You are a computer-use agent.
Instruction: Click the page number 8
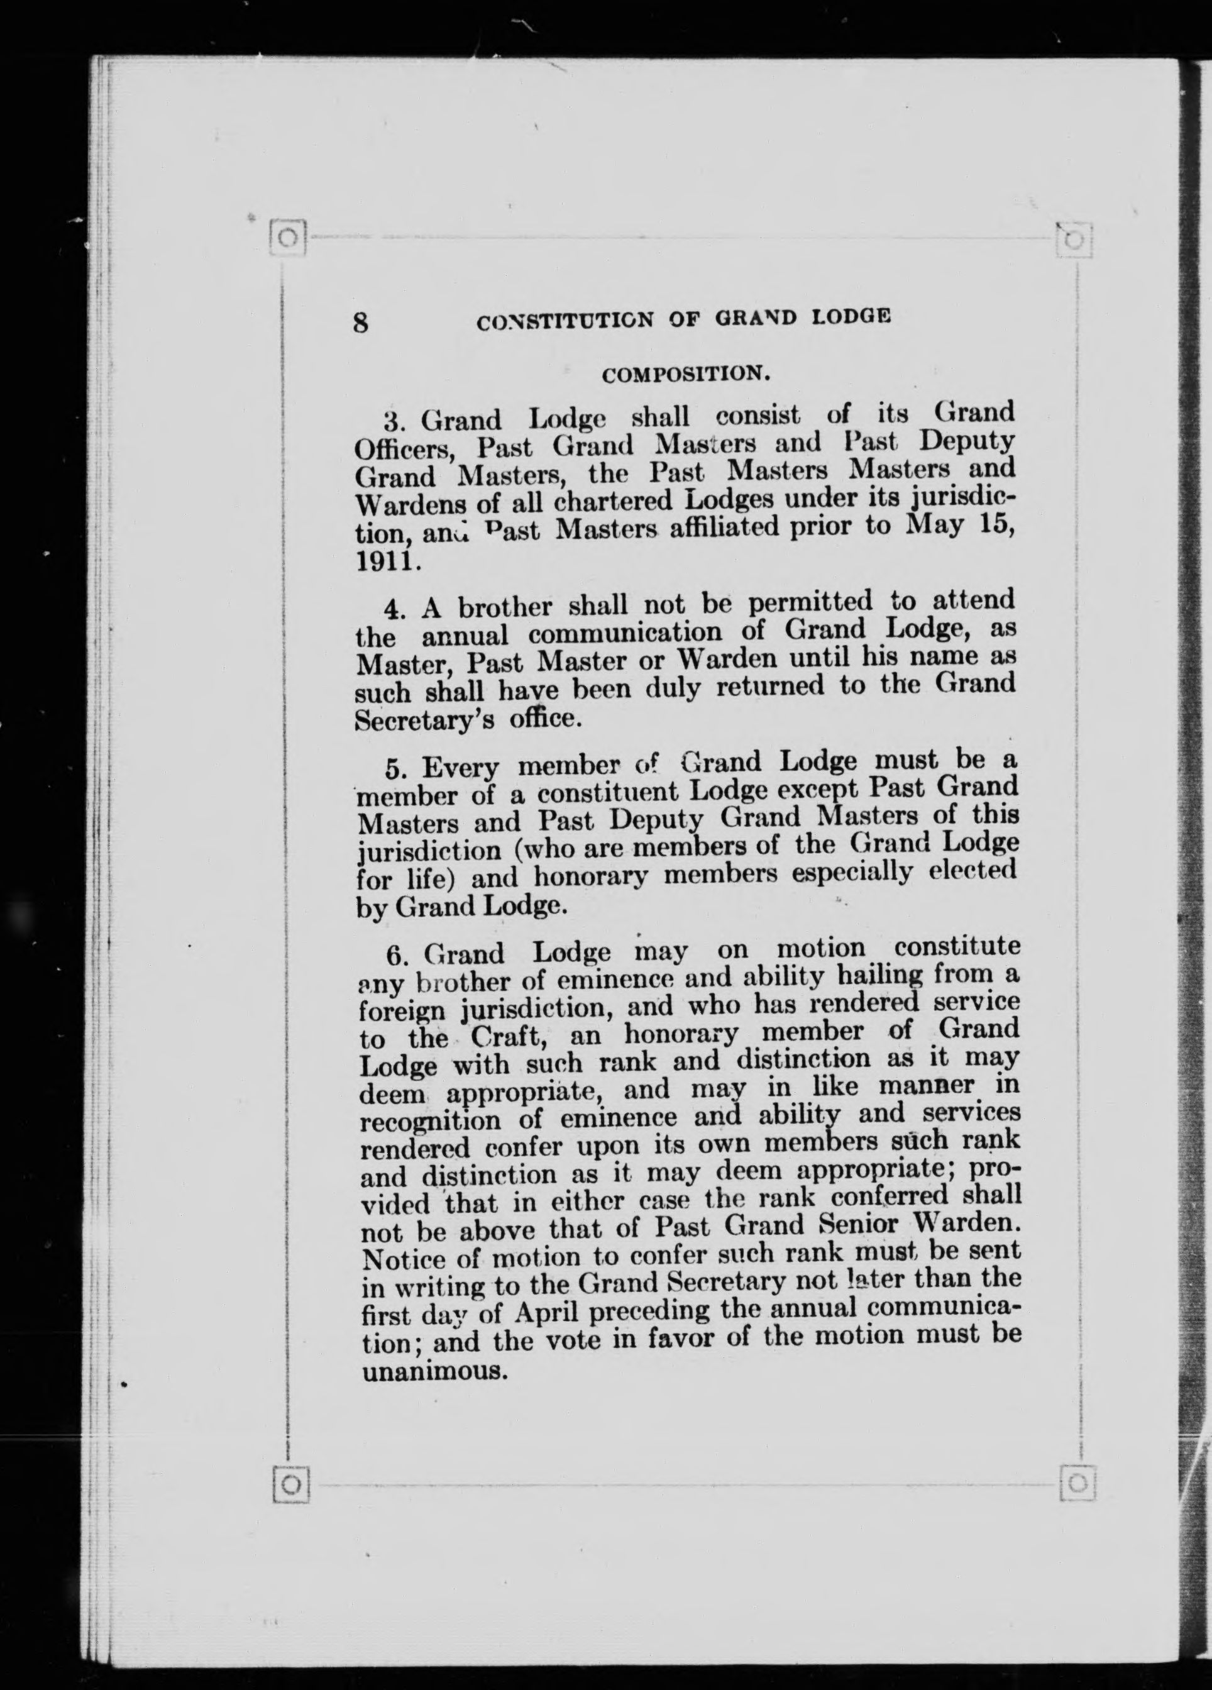[x=361, y=323]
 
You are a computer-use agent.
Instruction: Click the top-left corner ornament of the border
[x=289, y=238]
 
